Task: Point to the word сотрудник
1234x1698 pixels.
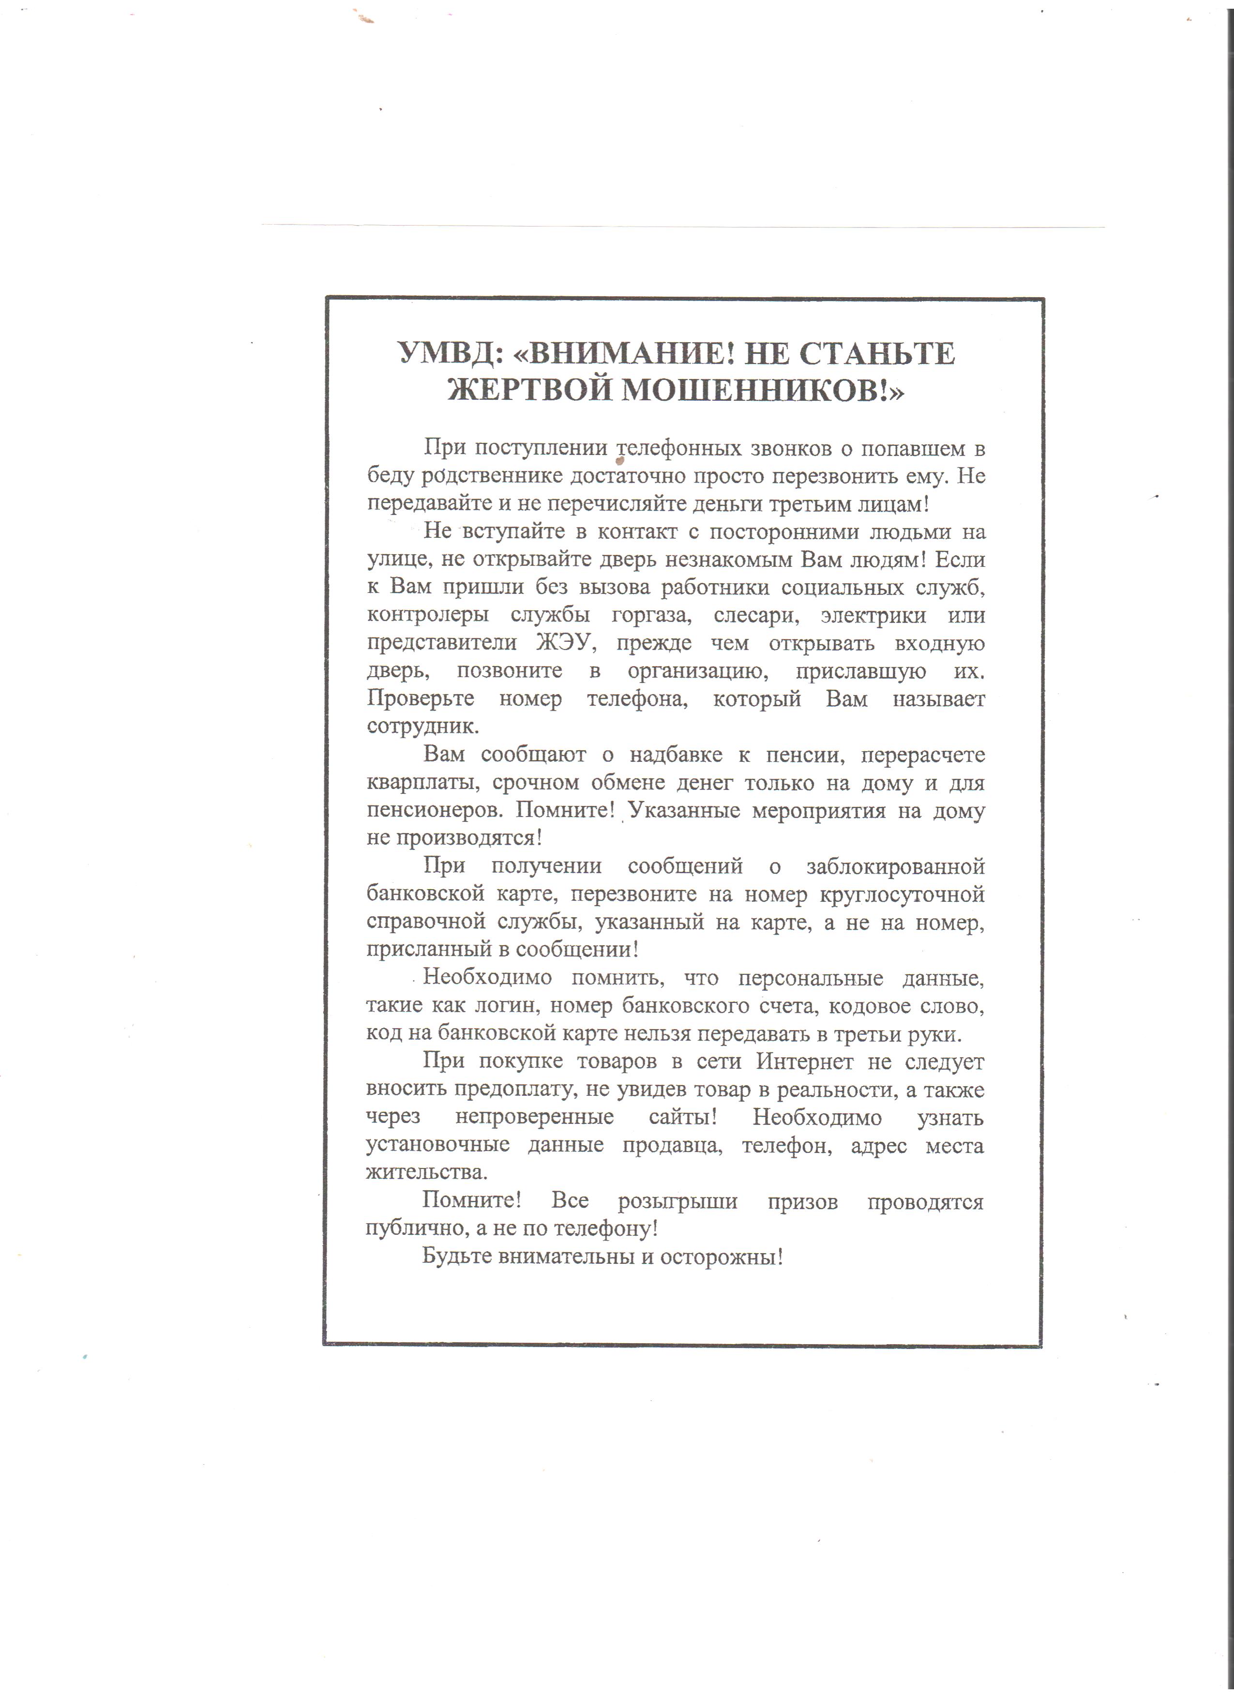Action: [421, 726]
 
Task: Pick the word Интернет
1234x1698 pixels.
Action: [804, 1061]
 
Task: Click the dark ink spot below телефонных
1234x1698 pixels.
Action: [619, 462]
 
